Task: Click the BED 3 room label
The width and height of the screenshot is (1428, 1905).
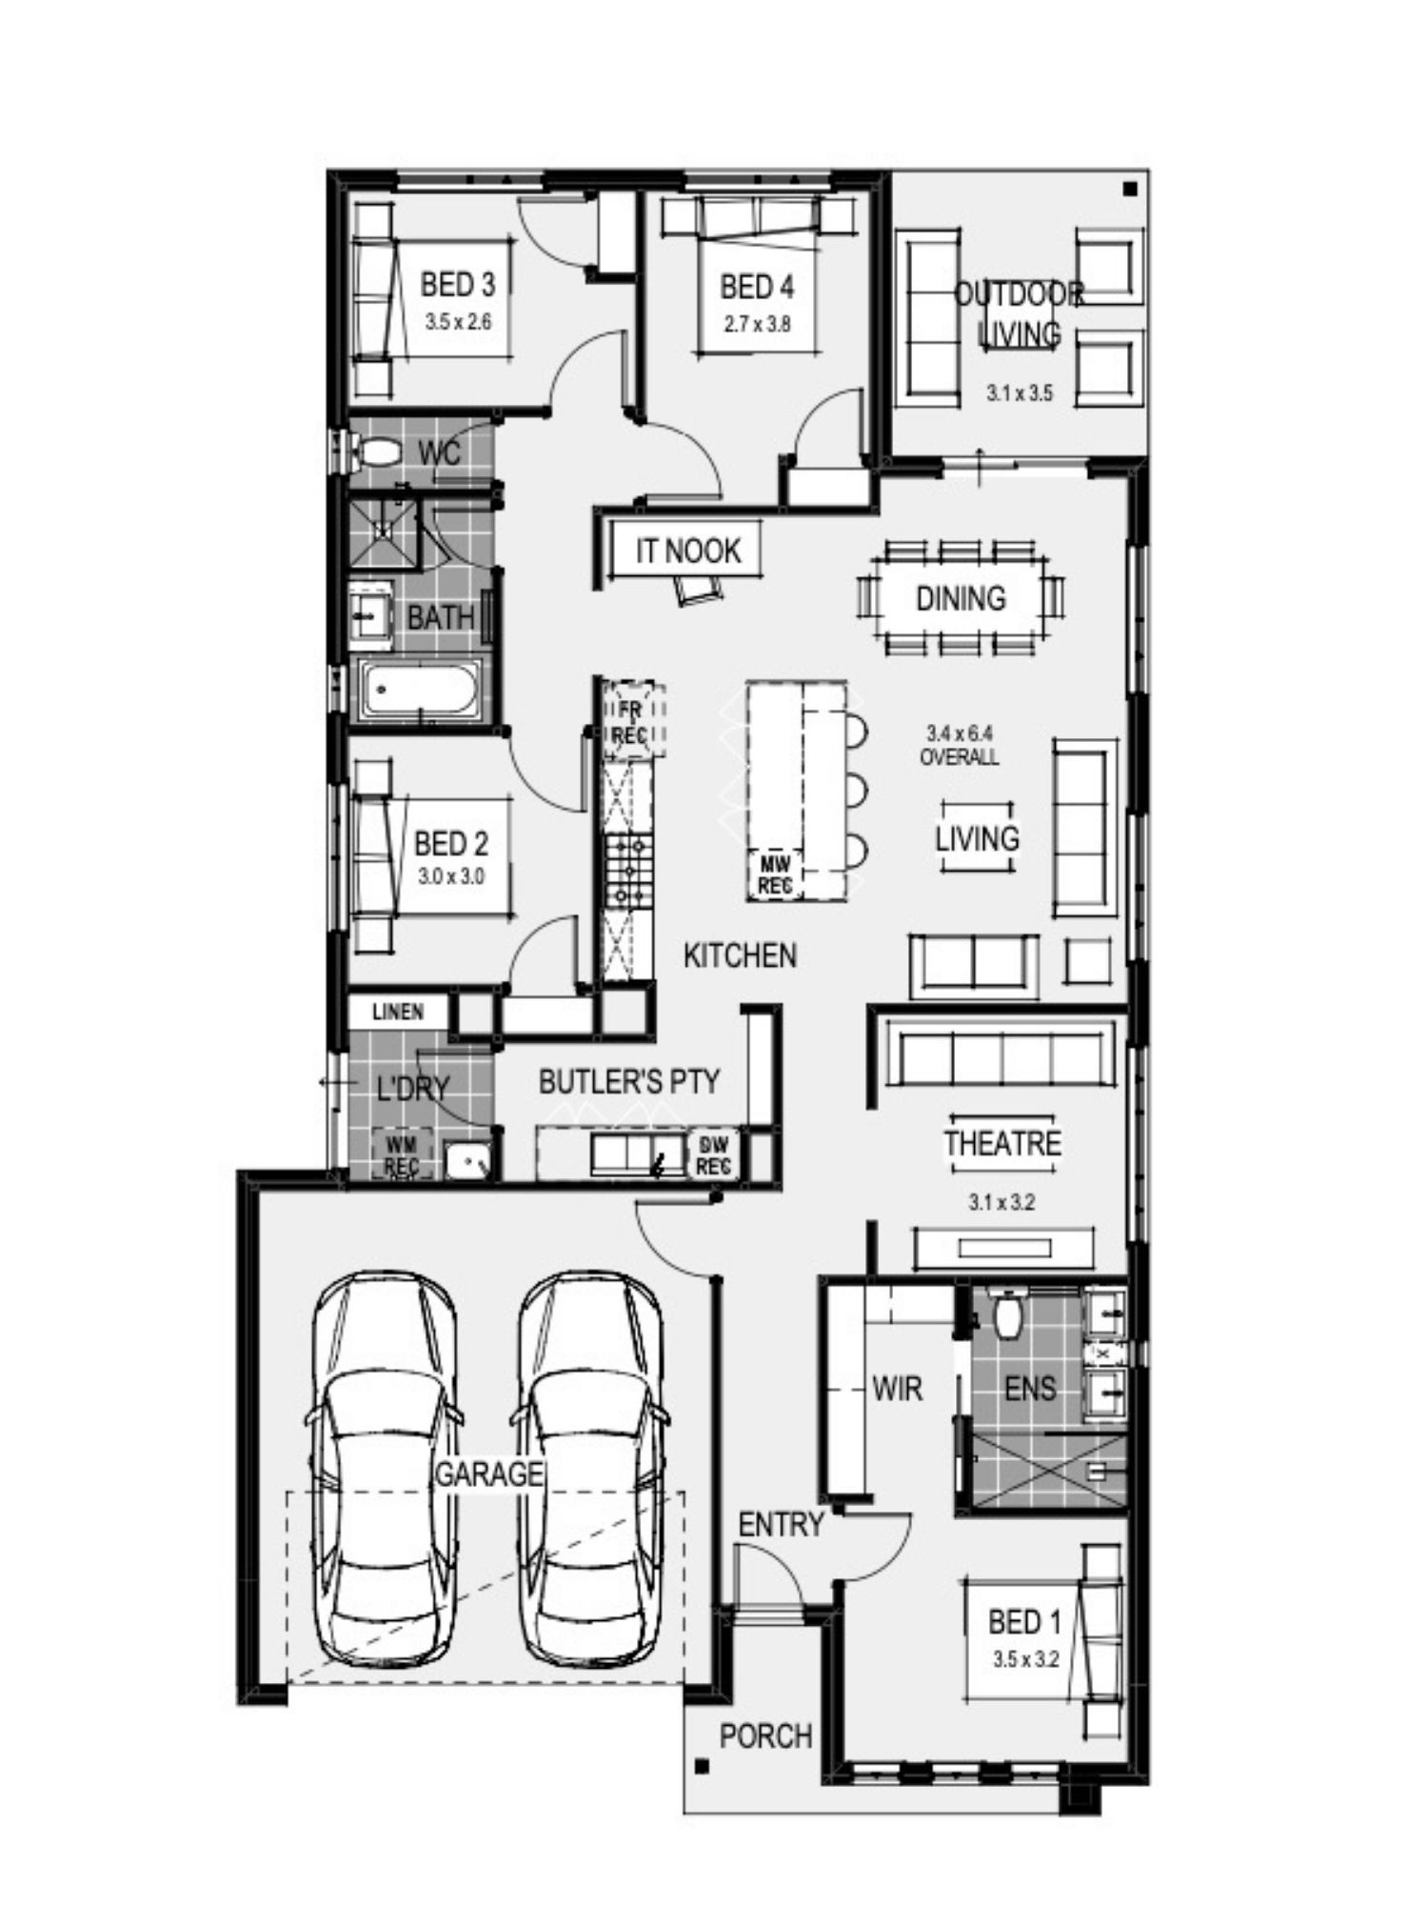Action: click(458, 284)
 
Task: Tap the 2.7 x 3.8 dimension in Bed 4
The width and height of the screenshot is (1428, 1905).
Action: click(757, 324)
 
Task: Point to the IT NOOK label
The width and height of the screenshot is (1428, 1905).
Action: click(688, 551)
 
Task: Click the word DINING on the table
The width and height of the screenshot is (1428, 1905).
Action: click(961, 598)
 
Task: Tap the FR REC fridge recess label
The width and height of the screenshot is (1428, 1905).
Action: click(629, 721)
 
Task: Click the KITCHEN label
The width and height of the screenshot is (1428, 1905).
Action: click(740, 955)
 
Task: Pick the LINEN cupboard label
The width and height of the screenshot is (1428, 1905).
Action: click(398, 1012)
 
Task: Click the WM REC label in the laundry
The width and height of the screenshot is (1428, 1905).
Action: click(402, 1153)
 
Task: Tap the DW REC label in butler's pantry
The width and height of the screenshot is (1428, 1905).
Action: click(713, 1153)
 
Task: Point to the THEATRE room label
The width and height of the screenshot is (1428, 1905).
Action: click(1002, 1143)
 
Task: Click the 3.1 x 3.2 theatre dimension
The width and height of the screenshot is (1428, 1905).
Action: click(1002, 1203)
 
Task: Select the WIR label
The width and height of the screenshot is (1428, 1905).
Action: click(897, 1388)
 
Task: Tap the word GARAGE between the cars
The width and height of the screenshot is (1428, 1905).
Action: click(488, 1474)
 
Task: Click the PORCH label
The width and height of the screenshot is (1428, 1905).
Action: click(765, 1736)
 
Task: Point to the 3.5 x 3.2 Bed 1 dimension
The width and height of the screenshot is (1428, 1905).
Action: click(1025, 1659)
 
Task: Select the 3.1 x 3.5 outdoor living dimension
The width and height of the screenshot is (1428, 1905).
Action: click(1020, 392)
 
